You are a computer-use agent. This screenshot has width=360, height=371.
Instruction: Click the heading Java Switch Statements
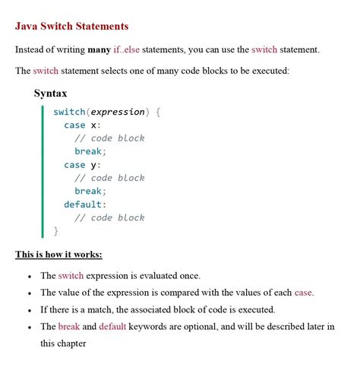pyautogui.click(x=71, y=27)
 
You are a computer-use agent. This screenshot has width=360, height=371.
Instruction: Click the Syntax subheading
pyautogui.click(x=51, y=94)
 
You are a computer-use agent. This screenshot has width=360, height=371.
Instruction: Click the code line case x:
pyautogui.click(x=82, y=125)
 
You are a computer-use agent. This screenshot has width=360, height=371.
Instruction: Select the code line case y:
pyautogui.click(x=82, y=164)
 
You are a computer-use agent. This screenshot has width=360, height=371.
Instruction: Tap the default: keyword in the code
pyautogui.click(x=85, y=204)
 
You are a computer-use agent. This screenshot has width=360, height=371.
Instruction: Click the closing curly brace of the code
pyautogui.click(x=55, y=230)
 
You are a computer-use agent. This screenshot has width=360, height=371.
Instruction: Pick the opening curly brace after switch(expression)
pyautogui.click(x=158, y=112)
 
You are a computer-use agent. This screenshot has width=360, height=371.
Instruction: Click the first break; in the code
pyautogui.click(x=90, y=151)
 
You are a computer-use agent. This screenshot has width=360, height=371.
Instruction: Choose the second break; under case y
pyautogui.click(x=90, y=191)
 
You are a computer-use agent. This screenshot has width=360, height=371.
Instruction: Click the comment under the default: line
pyautogui.click(x=109, y=217)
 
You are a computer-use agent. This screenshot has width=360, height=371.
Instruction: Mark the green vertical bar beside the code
pyautogui.click(x=43, y=171)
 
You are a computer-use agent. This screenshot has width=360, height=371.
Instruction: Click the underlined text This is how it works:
pyautogui.click(x=58, y=254)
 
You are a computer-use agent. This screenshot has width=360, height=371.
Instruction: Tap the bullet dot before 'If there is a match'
pyautogui.click(x=28, y=311)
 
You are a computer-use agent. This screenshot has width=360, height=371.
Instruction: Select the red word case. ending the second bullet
pyautogui.click(x=304, y=293)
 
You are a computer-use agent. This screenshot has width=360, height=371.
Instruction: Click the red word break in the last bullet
pyautogui.click(x=68, y=327)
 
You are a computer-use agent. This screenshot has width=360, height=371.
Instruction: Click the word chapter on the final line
pyautogui.click(x=69, y=344)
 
